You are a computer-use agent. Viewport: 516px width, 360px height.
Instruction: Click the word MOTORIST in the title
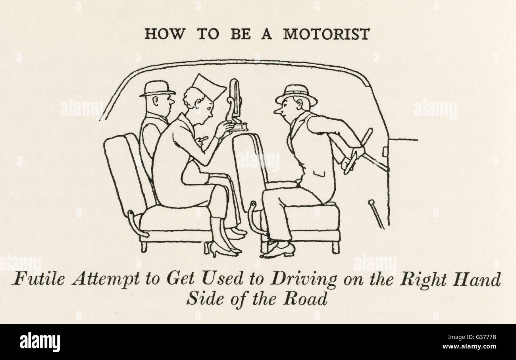tap(326, 34)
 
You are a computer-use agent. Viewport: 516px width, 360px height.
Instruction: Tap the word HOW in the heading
tap(165, 34)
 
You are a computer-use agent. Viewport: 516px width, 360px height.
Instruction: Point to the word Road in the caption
tap(305, 299)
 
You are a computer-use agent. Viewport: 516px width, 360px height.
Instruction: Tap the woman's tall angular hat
tap(208, 87)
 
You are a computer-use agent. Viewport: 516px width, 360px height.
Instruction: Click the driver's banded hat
tap(296, 95)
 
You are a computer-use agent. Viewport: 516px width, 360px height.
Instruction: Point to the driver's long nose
tap(278, 112)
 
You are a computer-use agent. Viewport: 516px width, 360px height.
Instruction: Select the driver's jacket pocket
tap(320, 173)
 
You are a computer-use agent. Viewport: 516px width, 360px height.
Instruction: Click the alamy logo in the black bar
tap(40, 342)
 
